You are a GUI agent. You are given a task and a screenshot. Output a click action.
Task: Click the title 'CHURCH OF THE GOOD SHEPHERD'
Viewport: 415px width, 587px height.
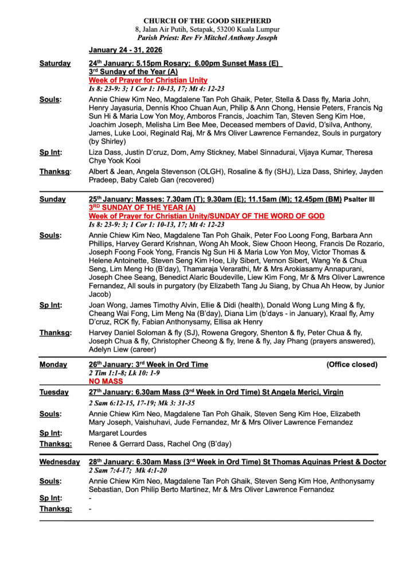coord(207,21)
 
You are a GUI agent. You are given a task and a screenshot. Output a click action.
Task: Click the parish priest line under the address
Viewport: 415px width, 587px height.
coord(207,38)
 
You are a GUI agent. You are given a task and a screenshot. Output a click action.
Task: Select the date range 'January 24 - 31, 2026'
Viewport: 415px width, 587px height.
coord(125,50)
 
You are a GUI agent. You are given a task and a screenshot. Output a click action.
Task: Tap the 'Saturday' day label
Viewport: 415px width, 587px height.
coord(55,64)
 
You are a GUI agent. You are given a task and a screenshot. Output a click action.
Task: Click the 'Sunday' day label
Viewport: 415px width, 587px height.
coord(53,199)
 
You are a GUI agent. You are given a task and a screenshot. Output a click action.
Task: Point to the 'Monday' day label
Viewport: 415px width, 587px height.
coord(53,365)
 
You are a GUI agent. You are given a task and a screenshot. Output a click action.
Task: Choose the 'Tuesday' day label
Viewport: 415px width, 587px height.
coord(54,392)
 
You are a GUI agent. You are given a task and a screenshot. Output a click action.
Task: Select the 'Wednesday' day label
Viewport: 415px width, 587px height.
coord(60,461)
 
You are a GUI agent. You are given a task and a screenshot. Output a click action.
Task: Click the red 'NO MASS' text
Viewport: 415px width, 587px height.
coord(106,381)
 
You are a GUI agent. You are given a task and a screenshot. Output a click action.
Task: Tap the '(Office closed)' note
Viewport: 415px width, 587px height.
coord(352,365)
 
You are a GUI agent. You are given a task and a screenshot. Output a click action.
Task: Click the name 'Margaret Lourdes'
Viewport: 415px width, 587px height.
coord(118,433)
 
